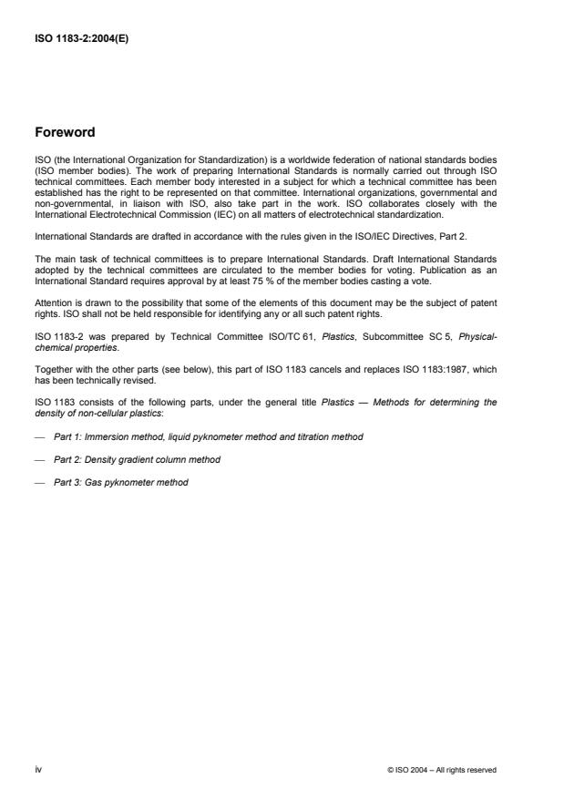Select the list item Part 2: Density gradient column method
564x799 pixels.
pos(137,460)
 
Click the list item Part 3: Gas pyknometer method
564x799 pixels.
pos(121,483)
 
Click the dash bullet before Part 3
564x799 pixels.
pos(40,483)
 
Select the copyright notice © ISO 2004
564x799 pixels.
pos(441,769)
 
